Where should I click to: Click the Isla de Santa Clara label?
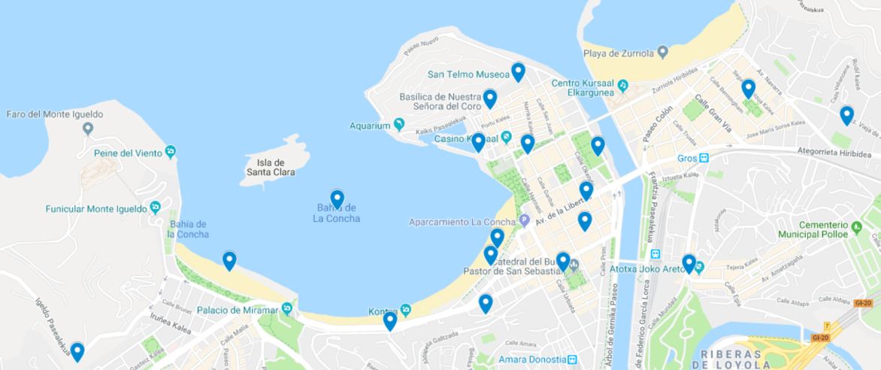[271, 168]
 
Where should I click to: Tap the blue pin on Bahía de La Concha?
[337, 199]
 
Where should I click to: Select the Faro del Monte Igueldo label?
[54, 114]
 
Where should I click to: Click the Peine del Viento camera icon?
[171, 153]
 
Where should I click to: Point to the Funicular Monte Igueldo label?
[96, 209]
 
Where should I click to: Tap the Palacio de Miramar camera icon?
[286, 309]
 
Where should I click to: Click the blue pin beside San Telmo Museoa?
[518, 72]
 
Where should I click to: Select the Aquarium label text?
[370, 126]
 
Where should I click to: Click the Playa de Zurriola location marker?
[662, 53]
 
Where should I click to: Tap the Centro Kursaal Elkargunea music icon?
[623, 86]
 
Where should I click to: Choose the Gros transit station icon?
[704, 158]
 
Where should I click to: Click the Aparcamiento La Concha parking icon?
[525, 221]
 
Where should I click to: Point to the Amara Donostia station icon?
[572, 359]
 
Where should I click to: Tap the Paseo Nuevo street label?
[420, 45]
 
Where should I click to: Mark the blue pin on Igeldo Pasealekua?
[77, 351]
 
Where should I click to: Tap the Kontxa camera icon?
[405, 310]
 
